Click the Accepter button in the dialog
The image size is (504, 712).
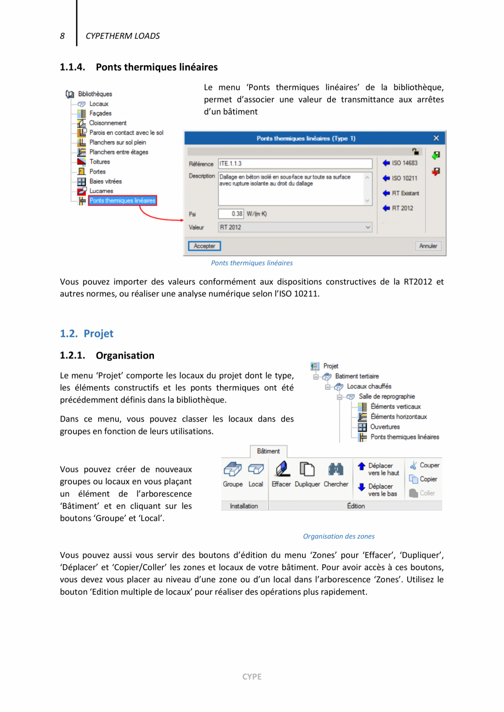204,246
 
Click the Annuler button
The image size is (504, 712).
428,246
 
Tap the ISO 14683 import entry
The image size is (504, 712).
400,163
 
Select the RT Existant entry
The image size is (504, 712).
400,193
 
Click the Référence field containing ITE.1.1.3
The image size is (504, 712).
295,164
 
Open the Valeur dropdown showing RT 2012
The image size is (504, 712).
295,227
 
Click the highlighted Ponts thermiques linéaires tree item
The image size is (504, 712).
123,201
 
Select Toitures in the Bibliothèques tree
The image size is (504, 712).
99,162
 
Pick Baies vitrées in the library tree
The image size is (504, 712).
105,181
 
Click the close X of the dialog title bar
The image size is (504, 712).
436,139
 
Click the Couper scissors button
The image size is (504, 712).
425,466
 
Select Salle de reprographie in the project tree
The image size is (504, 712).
386,397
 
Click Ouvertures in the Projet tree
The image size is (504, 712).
385,427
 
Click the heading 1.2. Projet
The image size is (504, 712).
87,334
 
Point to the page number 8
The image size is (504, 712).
62,36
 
